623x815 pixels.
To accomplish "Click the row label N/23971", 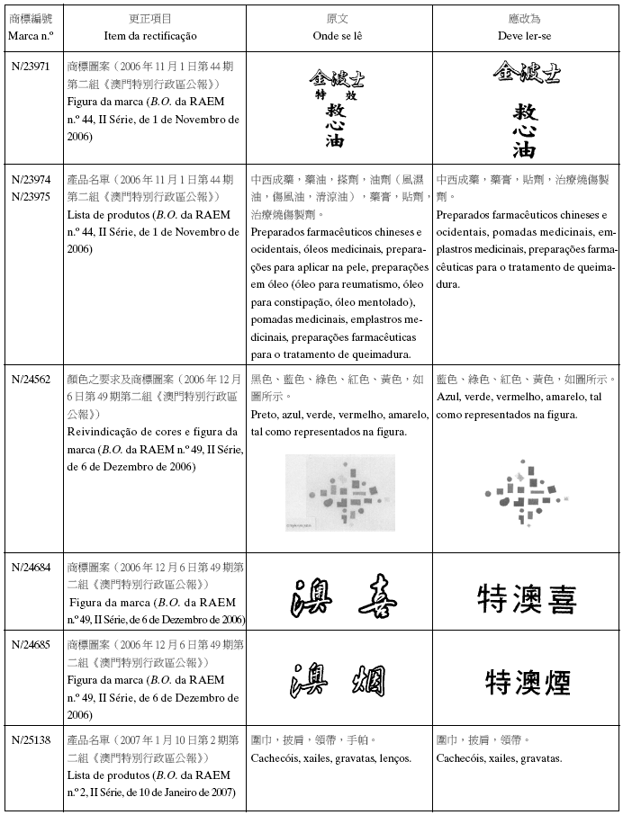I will pos(31,67).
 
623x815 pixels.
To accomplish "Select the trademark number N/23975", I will pos(31,194).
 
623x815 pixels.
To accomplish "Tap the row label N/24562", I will pos(31,380).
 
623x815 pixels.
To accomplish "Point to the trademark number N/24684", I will pos(31,567).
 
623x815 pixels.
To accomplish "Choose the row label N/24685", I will pos(31,645).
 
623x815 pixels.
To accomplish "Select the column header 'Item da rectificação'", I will pos(157,36).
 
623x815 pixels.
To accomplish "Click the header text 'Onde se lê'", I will pos(339,36).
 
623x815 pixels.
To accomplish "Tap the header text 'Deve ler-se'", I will pos(526,36).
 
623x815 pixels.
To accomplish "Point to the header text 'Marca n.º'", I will pos(31,36).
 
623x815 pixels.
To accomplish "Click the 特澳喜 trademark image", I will pos(527,600).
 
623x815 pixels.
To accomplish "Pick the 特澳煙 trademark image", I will pos(527,682).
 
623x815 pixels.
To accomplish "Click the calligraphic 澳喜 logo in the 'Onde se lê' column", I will pos(342,598).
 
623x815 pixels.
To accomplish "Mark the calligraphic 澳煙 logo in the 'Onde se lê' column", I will pos(342,681).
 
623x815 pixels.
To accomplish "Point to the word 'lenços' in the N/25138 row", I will pos(393,758).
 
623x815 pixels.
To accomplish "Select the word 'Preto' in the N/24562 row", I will pos(264,416).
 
